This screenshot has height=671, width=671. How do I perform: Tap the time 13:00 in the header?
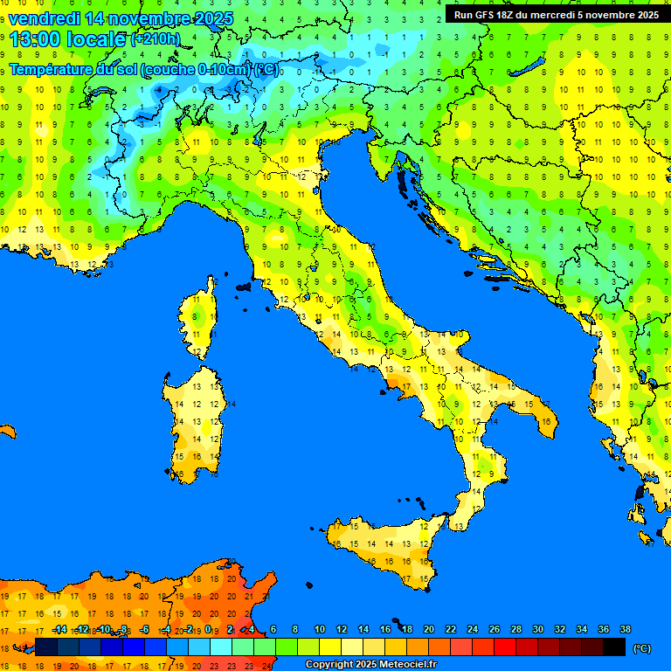tap(36, 38)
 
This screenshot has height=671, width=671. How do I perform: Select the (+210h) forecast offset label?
tap(155, 39)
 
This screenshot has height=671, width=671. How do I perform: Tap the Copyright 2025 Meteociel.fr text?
tap(370, 665)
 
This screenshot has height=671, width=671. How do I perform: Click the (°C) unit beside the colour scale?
tap(641, 648)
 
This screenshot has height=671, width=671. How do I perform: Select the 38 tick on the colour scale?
tap(626, 629)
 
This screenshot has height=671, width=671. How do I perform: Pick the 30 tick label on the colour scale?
tap(538, 629)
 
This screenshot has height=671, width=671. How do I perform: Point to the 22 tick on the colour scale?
tap(451, 629)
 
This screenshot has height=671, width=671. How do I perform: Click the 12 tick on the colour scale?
tap(342, 629)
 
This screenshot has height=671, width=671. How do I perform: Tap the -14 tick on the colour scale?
tap(59, 629)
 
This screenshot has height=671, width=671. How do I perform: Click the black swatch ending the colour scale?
tap(614, 647)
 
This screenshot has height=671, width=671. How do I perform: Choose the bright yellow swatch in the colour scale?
tap(330, 647)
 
